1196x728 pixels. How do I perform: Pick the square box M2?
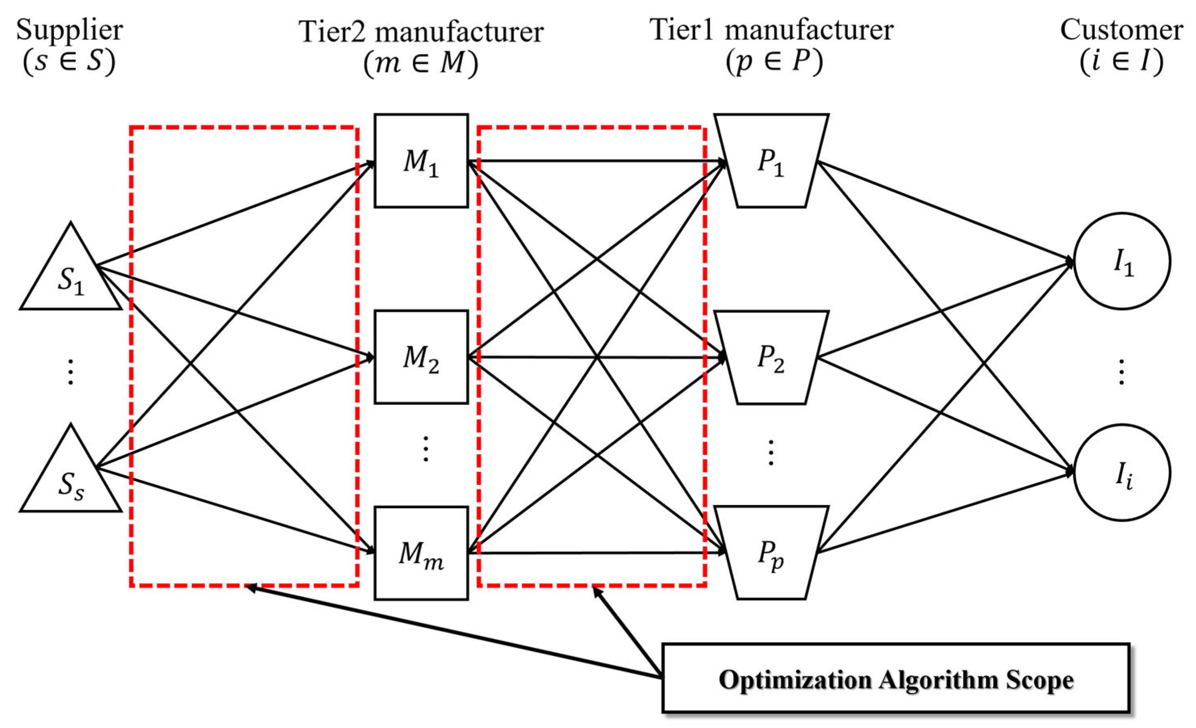(x=421, y=357)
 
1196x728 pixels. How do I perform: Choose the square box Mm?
(x=421, y=553)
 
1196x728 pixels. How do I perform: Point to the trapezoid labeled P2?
(x=771, y=357)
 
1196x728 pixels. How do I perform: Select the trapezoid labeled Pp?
(x=771, y=553)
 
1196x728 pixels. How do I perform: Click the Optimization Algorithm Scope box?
(x=896, y=678)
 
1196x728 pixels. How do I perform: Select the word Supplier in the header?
(x=69, y=30)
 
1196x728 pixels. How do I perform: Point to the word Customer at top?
(x=1122, y=30)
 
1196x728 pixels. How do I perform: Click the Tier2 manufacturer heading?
(x=421, y=32)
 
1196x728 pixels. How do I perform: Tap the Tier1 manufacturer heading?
(x=771, y=30)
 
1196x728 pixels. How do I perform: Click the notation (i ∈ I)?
(x=1122, y=62)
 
